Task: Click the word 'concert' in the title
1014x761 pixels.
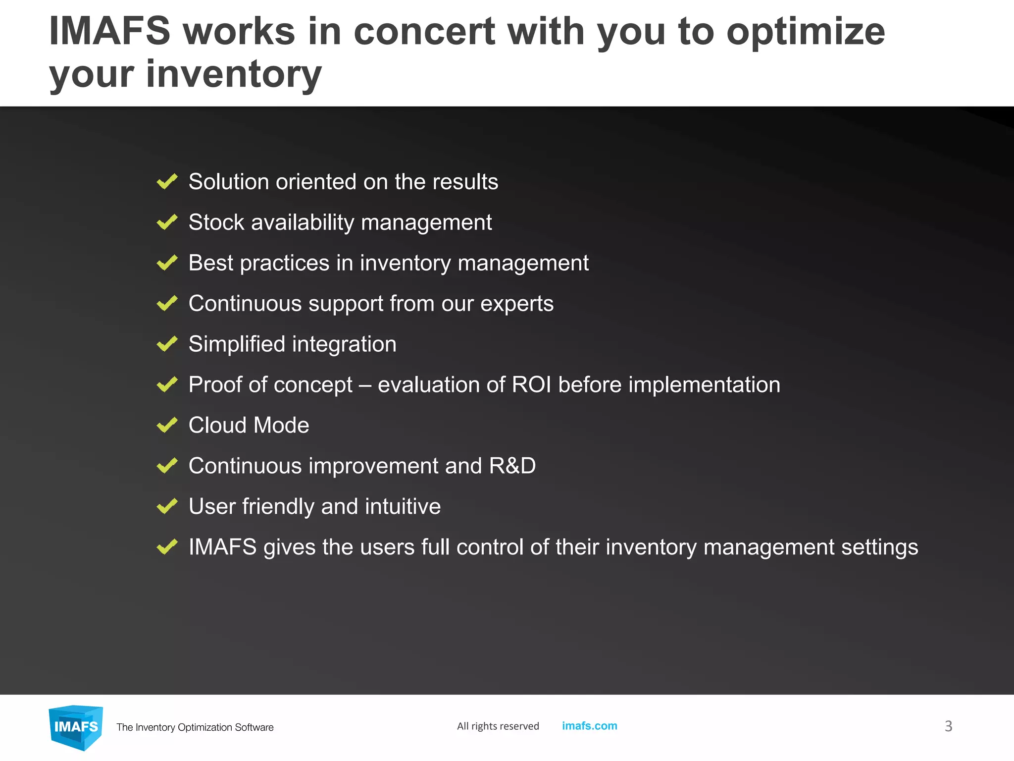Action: pos(424,32)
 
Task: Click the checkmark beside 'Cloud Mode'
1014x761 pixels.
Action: pos(167,425)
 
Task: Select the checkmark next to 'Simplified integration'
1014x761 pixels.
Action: pos(167,344)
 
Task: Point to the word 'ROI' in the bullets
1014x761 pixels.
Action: pos(531,385)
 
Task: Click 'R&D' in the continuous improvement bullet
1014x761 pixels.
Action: pos(512,466)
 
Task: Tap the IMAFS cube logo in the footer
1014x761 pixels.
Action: pos(76,727)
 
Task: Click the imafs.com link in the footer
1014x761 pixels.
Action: pos(589,726)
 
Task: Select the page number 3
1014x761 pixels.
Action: pos(948,726)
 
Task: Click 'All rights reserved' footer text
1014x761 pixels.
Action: pos(498,726)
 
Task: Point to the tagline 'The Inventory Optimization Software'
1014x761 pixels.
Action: pos(195,727)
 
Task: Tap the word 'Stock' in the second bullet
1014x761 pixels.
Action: pos(216,222)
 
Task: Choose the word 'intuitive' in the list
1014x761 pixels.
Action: pos(403,507)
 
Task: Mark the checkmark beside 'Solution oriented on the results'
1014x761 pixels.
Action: pos(167,182)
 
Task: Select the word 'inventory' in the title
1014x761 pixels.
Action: pos(234,74)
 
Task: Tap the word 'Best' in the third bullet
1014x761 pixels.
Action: pos(210,263)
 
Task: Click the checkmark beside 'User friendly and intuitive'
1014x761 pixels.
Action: pos(167,506)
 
